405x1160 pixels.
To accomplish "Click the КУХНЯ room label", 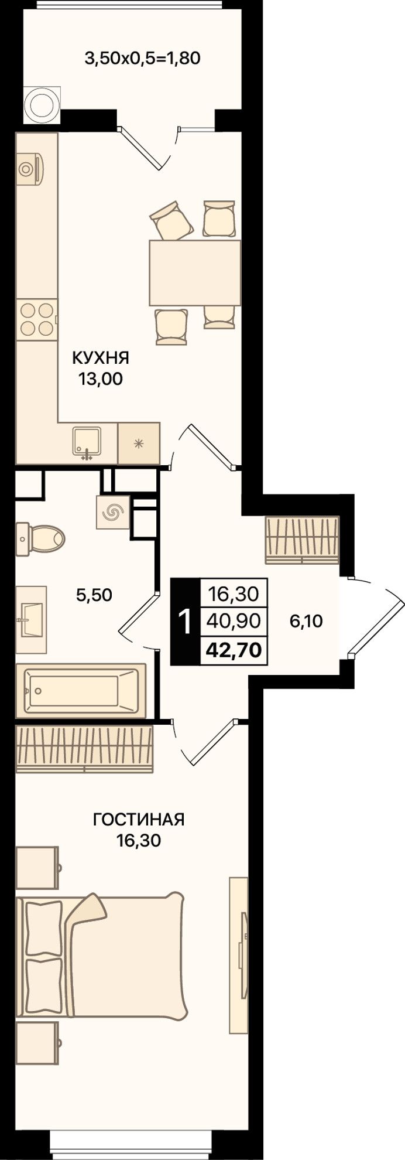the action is click(x=100, y=357).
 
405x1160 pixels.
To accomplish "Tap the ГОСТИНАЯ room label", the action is click(x=139, y=819).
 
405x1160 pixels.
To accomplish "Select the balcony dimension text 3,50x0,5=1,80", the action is click(x=143, y=58).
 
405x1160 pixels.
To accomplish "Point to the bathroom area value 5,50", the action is click(x=94, y=595).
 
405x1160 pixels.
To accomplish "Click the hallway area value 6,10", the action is click(x=306, y=620).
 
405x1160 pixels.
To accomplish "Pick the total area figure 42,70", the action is click(x=234, y=650).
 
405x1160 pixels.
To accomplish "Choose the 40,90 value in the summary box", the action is click(x=234, y=620).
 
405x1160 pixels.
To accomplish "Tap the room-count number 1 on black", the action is click(x=184, y=622).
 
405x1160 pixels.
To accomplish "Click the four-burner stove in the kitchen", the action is click(x=36, y=319).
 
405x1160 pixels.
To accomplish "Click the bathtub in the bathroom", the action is click(x=80, y=690).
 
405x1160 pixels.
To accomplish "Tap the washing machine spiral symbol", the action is click(x=113, y=513).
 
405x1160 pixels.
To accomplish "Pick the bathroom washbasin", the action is click(x=31, y=619).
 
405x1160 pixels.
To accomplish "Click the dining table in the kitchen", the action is click(x=195, y=272).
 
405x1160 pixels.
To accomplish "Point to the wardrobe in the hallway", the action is click(x=302, y=540).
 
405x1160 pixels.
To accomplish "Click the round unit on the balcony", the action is click(x=42, y=104).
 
